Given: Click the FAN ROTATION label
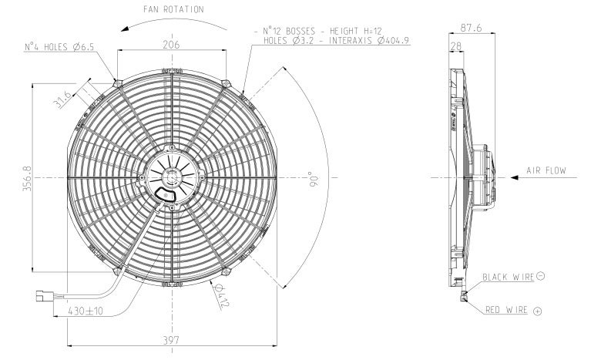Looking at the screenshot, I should tap(173, 10).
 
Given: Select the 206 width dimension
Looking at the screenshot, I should tap(171, 45).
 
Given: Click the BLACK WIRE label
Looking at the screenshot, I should tap(509, 276).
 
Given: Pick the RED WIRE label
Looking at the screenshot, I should tap(505, 310).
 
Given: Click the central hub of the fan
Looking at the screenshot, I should tap(172, 177).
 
